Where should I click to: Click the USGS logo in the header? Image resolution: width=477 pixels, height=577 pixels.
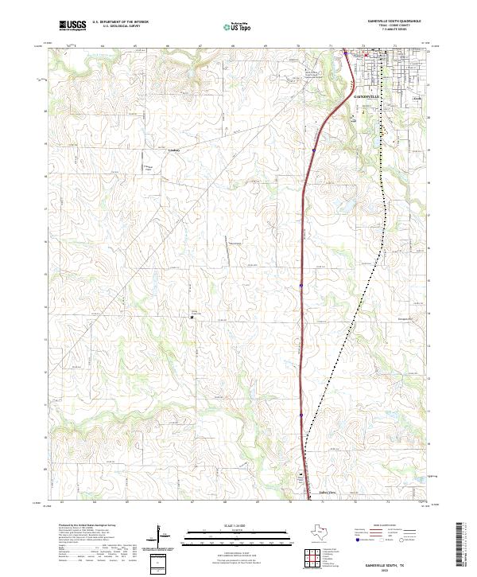71,25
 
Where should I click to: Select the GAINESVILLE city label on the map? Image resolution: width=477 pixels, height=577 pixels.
365,96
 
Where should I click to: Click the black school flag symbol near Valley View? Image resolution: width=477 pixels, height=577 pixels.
301,476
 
